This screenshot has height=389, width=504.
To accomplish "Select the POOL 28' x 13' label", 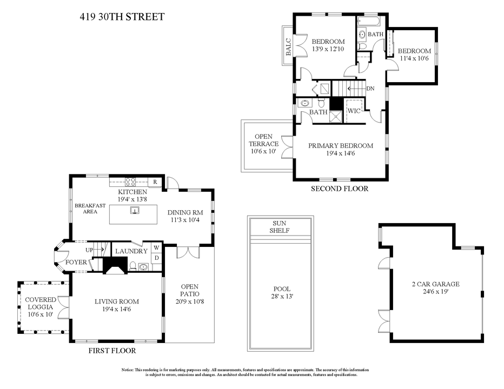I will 280,292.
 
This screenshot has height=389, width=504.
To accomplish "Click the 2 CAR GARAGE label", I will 435,287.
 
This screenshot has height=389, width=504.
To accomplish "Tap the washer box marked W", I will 156,248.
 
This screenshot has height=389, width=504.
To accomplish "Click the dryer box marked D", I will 156,258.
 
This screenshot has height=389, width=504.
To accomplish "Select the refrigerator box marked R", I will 155,182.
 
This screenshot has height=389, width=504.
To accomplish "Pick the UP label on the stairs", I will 90,250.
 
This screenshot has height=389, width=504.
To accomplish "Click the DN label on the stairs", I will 370,89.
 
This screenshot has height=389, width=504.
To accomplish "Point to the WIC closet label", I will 354,111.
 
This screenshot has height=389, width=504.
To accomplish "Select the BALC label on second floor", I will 288,46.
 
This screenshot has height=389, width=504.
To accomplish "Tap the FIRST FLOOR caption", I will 112,351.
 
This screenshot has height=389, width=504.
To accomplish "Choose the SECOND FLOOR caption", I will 339,189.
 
